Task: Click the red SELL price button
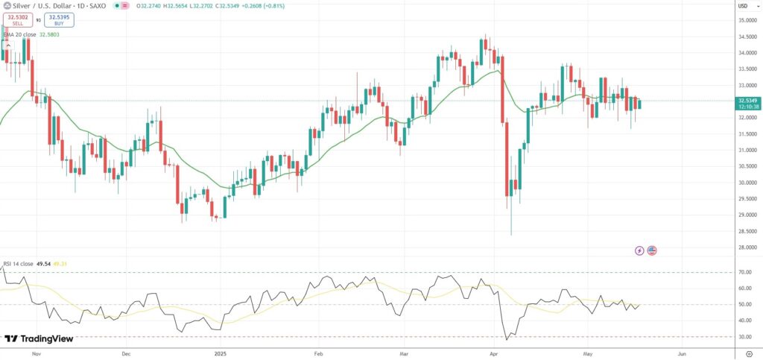[18, 20]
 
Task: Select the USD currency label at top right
[742, 6]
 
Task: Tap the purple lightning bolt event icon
[639, 250]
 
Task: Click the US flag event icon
[652, 250]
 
